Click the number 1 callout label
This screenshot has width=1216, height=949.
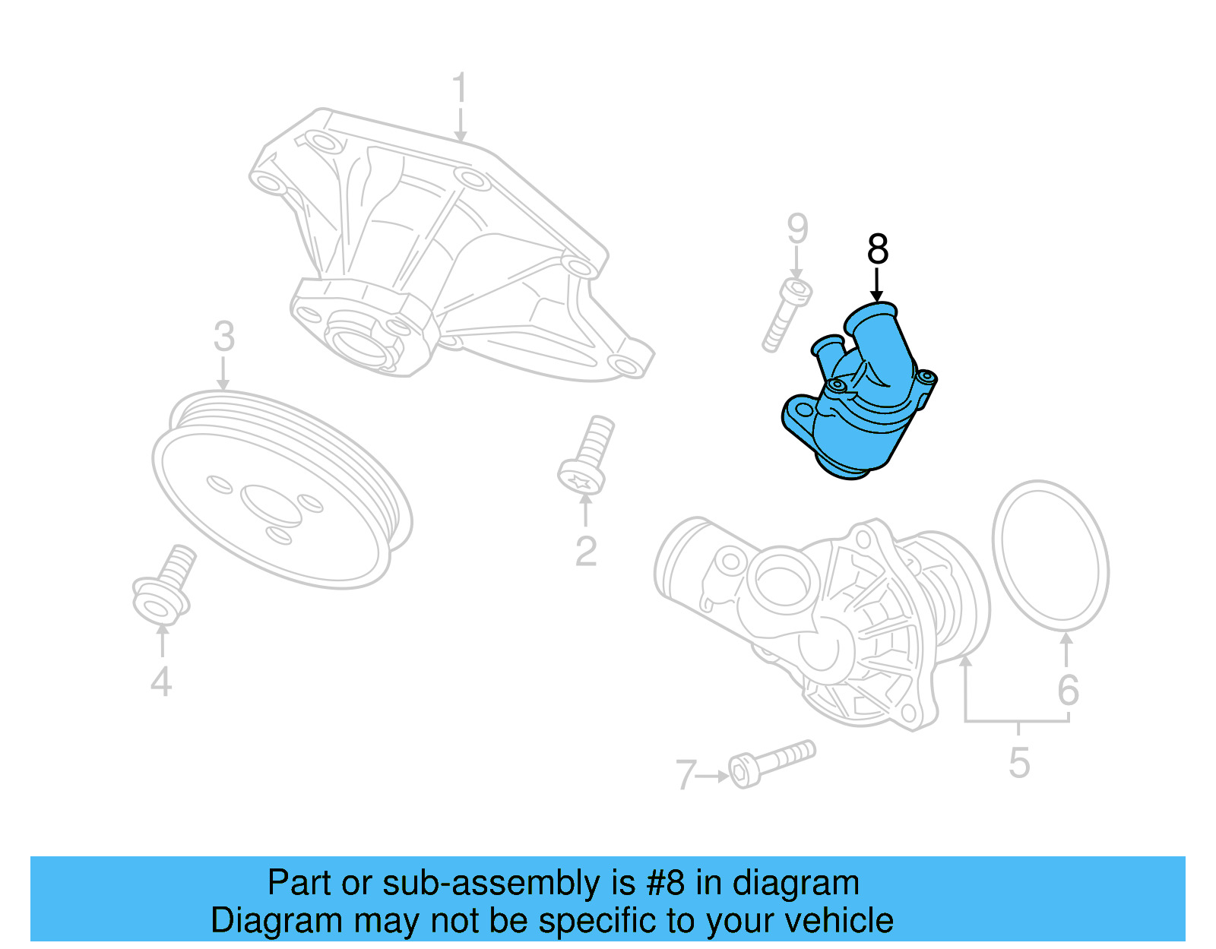click(459, 90)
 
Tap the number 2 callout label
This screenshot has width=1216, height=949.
click(585, 552)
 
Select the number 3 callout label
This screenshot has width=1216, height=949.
click(223, 337)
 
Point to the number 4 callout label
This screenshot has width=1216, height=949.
click(161, 682)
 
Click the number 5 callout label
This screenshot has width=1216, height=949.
click(1019, 763)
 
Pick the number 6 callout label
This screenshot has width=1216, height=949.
click(1068, 690)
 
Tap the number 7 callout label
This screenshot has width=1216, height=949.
click(686, 775)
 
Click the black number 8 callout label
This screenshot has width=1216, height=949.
click(877, 249)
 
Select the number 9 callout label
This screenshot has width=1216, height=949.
click(796, 228)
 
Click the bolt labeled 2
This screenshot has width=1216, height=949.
click(587, 456)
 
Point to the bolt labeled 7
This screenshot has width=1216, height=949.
click(771, 763)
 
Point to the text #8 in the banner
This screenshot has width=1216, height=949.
click(666, 883)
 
